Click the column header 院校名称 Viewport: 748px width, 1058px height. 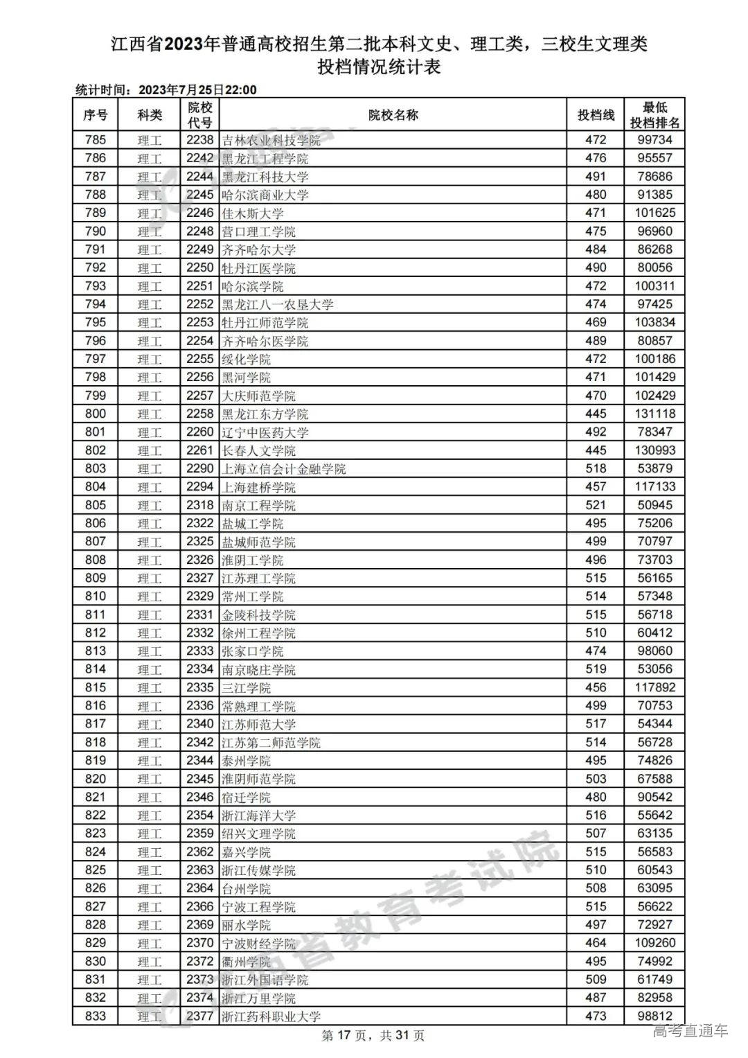tap(393, 115)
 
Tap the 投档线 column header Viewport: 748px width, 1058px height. tap(596, 115)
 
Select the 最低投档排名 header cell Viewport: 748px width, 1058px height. tap(654, 115)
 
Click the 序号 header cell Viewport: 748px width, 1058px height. tap(96, 115)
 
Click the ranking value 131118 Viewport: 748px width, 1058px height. tap(654, 414)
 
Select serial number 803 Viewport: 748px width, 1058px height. tap(96, 468)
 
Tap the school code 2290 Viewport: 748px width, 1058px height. tap(199, 468)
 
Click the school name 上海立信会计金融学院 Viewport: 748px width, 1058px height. tap(283, 469)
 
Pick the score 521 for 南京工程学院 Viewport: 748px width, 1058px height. tap(596, 505)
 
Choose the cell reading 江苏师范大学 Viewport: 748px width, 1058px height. tap(258, 724)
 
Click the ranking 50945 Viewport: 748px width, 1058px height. tap(654, 505)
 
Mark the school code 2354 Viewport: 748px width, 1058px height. tap(199, 815)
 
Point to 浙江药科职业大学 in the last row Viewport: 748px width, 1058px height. tap(271, 1016)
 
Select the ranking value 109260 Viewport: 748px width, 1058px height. tap(654, 943)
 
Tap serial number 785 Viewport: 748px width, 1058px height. tap(96, 140)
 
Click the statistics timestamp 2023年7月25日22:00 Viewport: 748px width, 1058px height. tap(197, 90)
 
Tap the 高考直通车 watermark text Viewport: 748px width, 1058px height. tap(691, 1031)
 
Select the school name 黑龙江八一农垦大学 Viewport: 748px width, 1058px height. tap(277, 304)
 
